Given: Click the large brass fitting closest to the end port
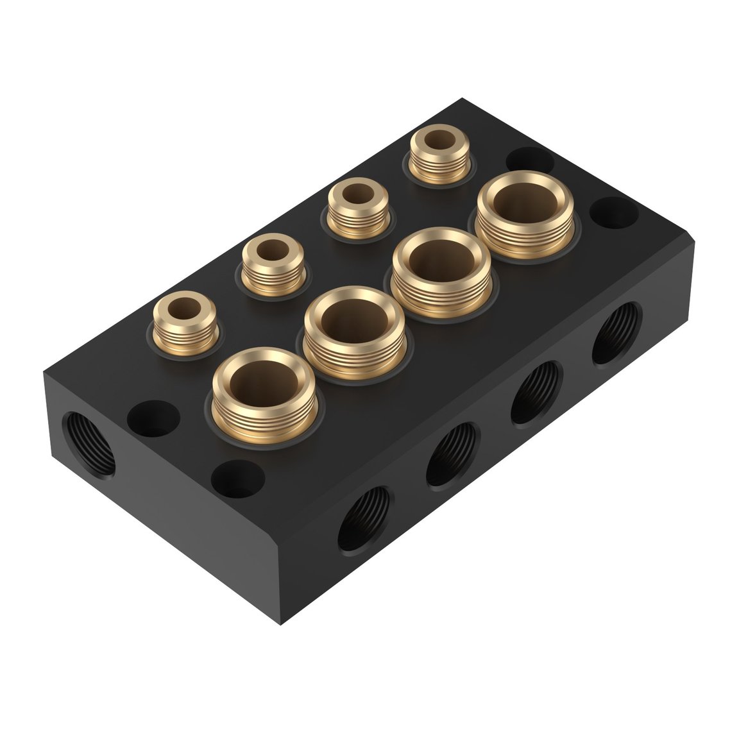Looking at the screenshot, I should [x=264, y=389].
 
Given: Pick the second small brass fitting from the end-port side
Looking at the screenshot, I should [x=272, y=260].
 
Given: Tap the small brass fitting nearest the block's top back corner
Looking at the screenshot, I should [x=439, y=154].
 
